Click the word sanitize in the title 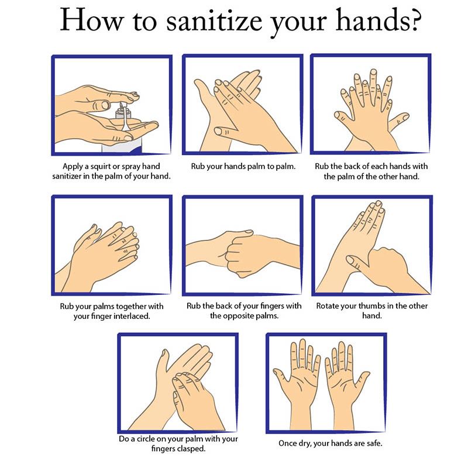click(x=214, y=20)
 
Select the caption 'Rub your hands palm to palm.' click(x=243, y=166)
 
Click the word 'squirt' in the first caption click(x=102, y=166)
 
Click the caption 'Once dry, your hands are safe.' click(x=330, y=444)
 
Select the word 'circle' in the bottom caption click(x=146, y=439)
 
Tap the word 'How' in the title click(x=92, y=19)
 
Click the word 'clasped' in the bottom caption click(x=191, y=448)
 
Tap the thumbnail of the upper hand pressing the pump click(x=105, y=105)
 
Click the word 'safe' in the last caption click(x=374, y=444)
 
